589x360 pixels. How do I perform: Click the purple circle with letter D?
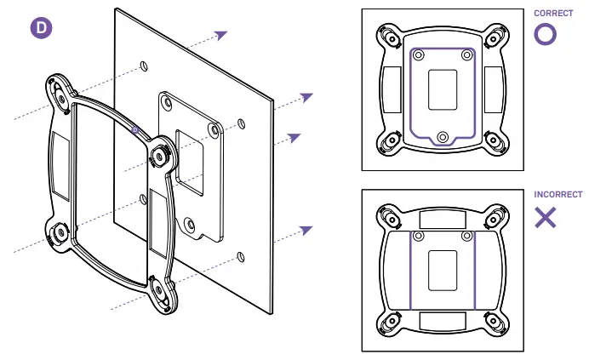(x=41, y=27)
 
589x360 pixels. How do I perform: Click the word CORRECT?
(x=553, y=14)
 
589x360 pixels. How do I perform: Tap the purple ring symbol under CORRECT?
(x=546, y=34)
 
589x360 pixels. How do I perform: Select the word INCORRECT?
(x=558, y=195)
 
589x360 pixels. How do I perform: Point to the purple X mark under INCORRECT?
(x=546, y=217)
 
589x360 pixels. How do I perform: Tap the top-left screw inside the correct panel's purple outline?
(x=418, y=54)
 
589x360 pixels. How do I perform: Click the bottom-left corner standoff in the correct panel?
(x=389, y=140)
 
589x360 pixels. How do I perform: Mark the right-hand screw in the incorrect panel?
(x=466, y=235)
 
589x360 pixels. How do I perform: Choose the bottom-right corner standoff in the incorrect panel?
(x=495, y=322)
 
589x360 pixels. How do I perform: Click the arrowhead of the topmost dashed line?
(x=221, y=35)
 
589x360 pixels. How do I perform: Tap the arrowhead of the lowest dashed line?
(x=306, y=230)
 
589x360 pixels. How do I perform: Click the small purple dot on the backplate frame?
(x=135, y=129)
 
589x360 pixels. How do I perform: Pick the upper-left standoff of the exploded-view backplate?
(x=58, y=89)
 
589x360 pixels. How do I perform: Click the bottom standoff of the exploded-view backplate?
(x=159, y=288)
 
